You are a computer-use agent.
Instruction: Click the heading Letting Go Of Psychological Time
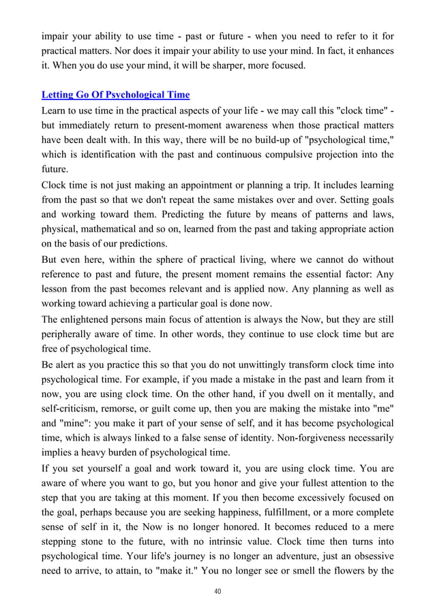click(116, 94)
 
